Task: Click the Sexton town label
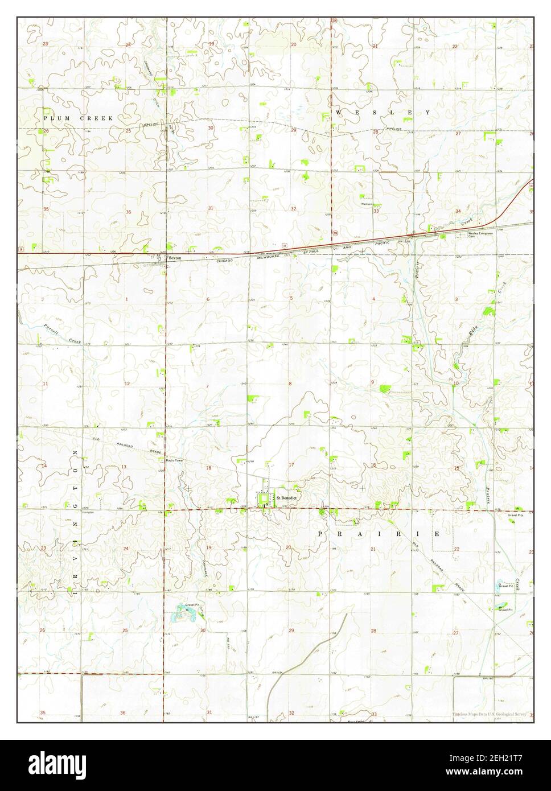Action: coord(175,258)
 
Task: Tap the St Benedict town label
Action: coord(287,497)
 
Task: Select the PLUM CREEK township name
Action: coord(79,117)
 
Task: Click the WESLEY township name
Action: coord(384,113)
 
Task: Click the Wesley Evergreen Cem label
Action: coord(480,234)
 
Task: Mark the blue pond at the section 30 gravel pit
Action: coord(186,613)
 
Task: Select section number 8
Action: coord(290,384)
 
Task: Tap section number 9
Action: coord(373,381)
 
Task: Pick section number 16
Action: coord(373,465)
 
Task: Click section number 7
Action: coord(207,386)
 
